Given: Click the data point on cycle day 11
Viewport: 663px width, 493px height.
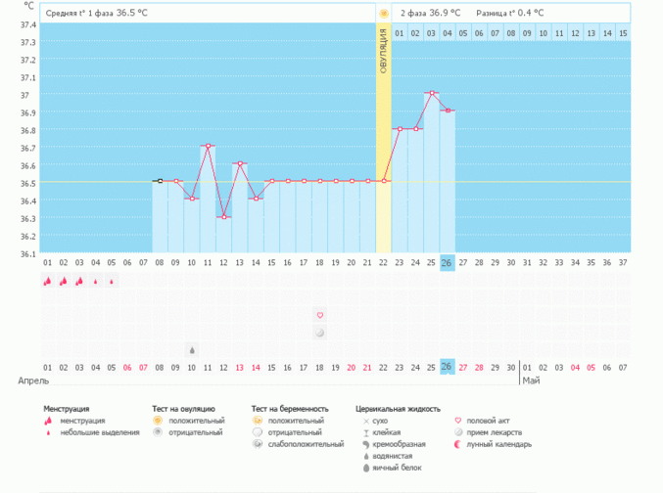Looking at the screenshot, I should tap(208, 146).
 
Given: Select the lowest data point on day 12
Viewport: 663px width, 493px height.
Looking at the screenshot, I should tap(223, 217).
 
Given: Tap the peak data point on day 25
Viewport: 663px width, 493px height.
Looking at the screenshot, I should tap(431, 93).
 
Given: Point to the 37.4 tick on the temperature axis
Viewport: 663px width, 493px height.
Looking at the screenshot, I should tap(27, 24).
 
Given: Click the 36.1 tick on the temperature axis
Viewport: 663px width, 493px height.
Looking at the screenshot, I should tap(27, 253).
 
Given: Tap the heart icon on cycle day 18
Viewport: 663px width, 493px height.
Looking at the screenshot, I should tap(319, 315).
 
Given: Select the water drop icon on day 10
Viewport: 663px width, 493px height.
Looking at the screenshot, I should tap(192, 349).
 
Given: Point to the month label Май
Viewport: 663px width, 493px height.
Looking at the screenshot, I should tap(531, 381).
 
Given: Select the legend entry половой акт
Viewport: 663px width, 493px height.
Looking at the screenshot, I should tap(487, 421).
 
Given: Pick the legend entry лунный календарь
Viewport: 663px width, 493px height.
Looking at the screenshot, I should tap(497, 444).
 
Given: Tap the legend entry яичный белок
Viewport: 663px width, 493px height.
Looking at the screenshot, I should tap(393, 468).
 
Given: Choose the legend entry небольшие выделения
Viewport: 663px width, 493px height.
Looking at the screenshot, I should tap(99, 432).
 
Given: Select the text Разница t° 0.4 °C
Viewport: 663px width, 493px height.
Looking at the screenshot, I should tap(509, 14).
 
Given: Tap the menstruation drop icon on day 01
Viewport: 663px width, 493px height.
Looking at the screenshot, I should tap(47, 282).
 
